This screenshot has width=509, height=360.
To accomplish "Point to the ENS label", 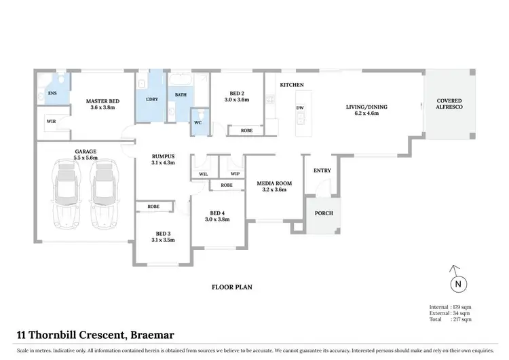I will pyautogui.click(x=51, y=94).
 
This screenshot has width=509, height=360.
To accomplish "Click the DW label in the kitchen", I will pyautogui.click(x=299, y=108).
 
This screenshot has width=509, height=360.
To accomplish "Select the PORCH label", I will pyautogui.click(x=322, y=213).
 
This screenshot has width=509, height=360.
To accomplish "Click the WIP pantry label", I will pyautogui.click(x=235, y=173).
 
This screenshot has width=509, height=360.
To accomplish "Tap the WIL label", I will pyautogui.click(x=203, y=173).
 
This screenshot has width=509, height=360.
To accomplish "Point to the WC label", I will pyautogui.click(x=198, y=123).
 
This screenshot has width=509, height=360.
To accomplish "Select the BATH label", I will pyautogui.click(x=181, y=95).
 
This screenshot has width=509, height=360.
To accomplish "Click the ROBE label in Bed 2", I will pyautogui.click(x=246, y=130).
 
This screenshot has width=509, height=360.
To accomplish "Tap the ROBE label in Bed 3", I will pyautogui.click(x=153, y=206).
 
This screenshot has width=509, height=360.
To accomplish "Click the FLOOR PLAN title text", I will pyautogui.click(x=233, y=287).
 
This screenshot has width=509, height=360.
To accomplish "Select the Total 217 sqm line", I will pyautogui.click(x=450, y=319).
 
